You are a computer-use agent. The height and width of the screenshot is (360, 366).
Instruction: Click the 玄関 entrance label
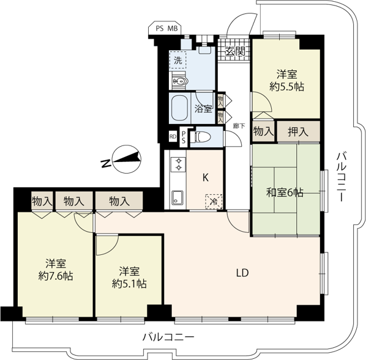pyautogui.click(x=235, y=51)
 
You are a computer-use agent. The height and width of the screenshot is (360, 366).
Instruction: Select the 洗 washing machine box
pyautogui.click(x=178, y=60)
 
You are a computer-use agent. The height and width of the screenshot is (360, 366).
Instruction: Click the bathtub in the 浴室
pyautogui.click(x=179, y=108)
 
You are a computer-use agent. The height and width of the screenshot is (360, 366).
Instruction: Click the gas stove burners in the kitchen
pyautogui.click(x=179, y=164)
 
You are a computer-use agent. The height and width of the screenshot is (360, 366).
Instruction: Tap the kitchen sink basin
pyautogui.click(x=177, y=197)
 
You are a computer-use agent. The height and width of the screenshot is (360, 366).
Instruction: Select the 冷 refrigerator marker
pyautogui.click(x=214, y=202)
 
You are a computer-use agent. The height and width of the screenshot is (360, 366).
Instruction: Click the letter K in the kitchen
pyautogui.click(x=206, y=178)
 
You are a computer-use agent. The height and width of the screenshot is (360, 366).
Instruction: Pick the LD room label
pyautogui.click(x=242, y=273)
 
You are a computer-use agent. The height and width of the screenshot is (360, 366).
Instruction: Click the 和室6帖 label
pyautogui.click(x=285, y=193)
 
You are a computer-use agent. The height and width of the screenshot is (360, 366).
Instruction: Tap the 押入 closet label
pyautogui.click(x=298, y=132)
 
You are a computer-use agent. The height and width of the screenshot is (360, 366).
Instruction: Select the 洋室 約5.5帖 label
pyautogui.click(x=287, y=81)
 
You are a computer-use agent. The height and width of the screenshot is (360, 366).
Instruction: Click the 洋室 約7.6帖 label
pyautogui.click(x=56, y=270)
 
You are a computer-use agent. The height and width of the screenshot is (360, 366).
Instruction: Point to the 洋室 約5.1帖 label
pyautogui.click(x=129, y=277)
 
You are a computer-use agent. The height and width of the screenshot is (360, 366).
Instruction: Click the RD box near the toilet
pyautogui.click(x=173, y=137)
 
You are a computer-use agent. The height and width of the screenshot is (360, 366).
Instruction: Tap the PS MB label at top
pyautogui.click(x=166, y=29)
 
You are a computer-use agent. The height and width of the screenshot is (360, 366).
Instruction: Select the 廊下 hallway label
pyautogui.click(x=239, y=126)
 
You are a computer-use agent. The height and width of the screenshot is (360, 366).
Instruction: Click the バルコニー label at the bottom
pyautogui.click(x=168, y=337)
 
